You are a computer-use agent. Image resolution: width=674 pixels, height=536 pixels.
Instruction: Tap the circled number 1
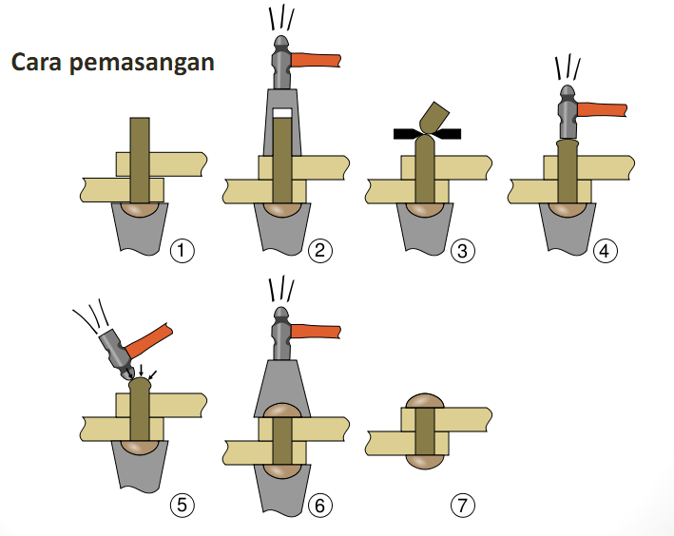[x=181, y=251]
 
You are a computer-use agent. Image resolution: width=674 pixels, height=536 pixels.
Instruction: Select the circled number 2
[x=320, y=251]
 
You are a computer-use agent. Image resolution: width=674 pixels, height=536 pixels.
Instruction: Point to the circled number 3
[x=463, y=251]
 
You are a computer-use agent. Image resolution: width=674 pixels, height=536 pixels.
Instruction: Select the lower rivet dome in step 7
[x=427, y=460]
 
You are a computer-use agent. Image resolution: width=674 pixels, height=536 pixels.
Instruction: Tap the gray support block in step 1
[x=139, y=233]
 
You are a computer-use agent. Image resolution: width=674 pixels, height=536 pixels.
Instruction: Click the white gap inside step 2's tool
[x=281, y=113]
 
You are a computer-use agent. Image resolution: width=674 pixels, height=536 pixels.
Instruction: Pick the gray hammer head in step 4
[x=568, y=112]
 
